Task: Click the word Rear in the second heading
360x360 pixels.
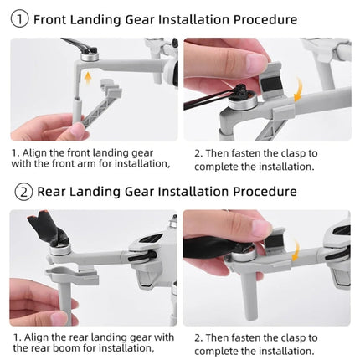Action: point(51,192)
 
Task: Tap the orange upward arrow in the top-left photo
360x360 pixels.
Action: point(88,79)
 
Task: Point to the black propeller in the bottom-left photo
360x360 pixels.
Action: point(45,231)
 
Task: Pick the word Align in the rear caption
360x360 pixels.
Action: point(39,337)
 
